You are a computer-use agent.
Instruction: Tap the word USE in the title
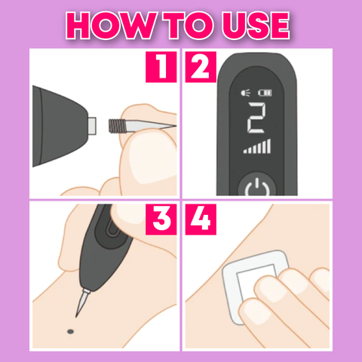256,25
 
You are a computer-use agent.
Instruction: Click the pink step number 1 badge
161,67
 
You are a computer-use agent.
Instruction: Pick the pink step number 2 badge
201,67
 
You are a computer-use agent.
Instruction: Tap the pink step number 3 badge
161,219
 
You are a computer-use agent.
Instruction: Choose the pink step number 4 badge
201,219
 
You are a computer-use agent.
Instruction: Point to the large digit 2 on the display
256,118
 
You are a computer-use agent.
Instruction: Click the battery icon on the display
265,93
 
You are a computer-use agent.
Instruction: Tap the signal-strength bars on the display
257,146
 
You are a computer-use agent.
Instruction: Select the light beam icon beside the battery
246,93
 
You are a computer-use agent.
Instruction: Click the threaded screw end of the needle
115,126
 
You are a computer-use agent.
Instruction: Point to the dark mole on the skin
71,332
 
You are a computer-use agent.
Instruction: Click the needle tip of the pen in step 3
76,316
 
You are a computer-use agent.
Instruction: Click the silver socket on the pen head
91,125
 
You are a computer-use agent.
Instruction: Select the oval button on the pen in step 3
112,232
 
